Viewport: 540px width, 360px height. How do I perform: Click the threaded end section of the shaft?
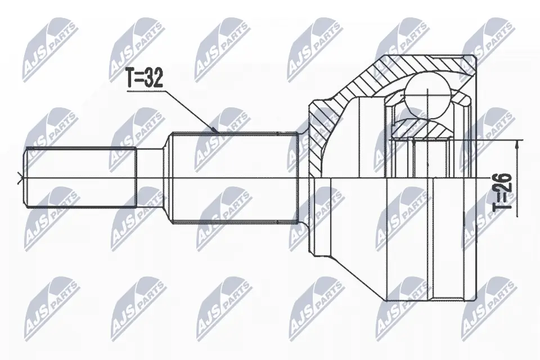click(x=80, y=177)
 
